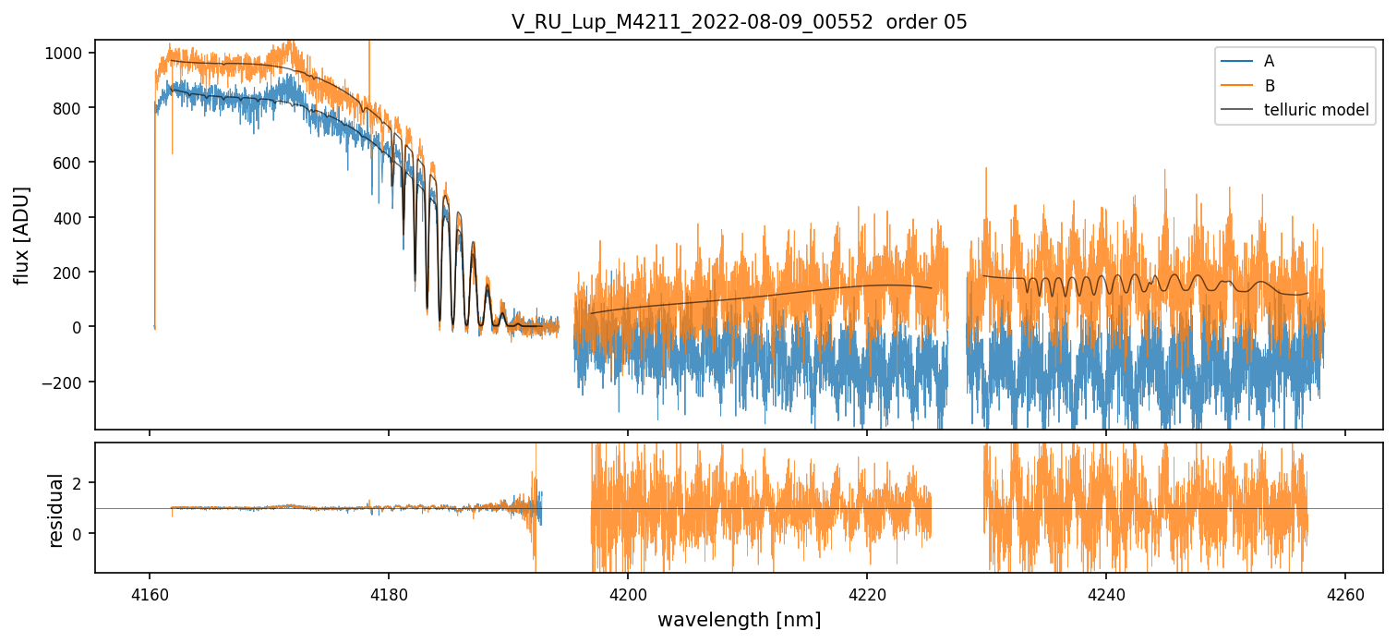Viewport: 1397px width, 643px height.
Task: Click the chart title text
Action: [739, 22]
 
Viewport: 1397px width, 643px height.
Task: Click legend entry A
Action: [1269, 61]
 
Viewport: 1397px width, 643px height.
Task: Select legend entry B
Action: [1269, 86]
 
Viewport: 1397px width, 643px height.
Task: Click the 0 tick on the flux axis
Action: [78, 327]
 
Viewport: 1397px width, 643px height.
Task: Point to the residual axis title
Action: [55, 509]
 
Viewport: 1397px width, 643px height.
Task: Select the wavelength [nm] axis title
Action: [739, 620]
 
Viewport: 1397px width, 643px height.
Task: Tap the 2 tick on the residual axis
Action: [78, 483]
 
